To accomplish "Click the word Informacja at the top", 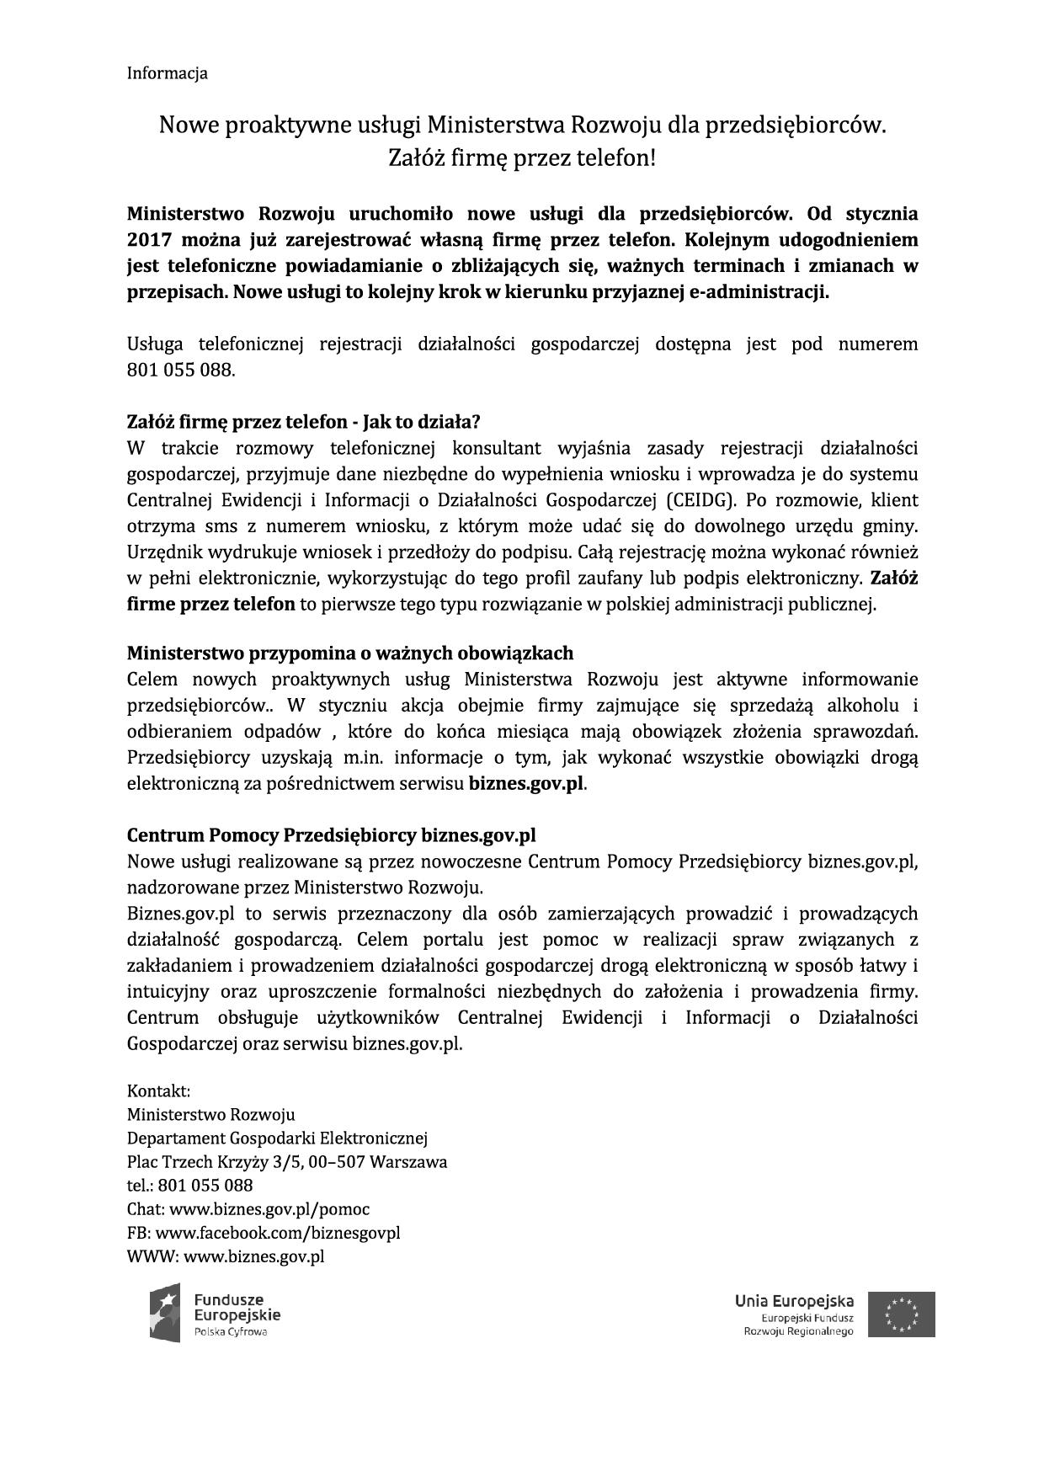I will [x=167, y=73].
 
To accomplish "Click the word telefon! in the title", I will [x=615, y=157].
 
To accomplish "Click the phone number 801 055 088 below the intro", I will [x=180, y=370].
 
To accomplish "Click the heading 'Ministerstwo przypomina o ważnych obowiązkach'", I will [x=349, y=653].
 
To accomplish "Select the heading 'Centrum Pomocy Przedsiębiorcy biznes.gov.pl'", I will [x=331, y=835].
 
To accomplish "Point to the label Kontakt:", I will [x=158, y=1091].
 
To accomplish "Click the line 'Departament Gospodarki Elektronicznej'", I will [x=277, y=1138].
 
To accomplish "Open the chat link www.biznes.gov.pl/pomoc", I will [x=269, y=1209].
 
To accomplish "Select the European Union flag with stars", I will [x=902, y=1314].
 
